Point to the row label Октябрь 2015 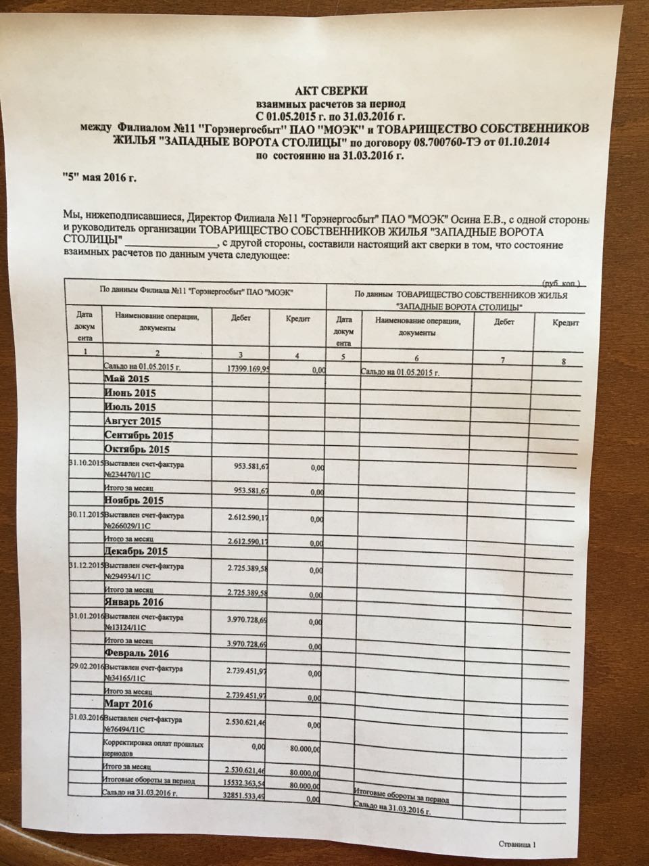coord(136,449)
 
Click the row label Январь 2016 coord(135,601)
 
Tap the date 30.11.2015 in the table coord(85,515)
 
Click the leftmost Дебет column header coord(241,317)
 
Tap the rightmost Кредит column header coord(567,324)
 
